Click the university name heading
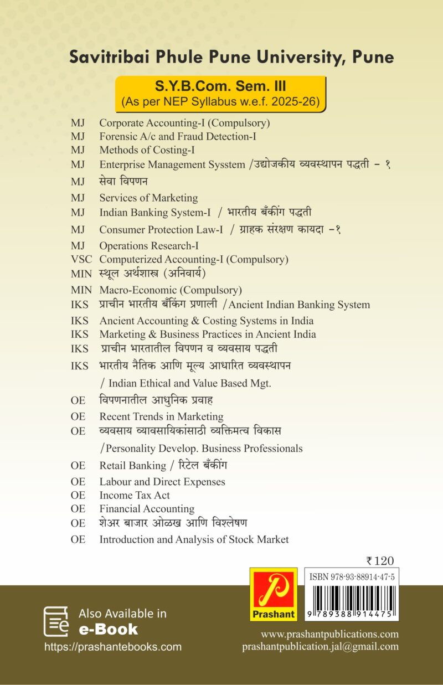(231, 58)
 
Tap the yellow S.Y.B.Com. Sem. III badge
(220, 94)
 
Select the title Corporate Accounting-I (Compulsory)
(184, 123)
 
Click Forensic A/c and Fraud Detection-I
(177, 136)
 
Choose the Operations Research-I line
(149, 245)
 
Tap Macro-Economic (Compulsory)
(171, 290)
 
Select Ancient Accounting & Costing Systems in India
(206, 321)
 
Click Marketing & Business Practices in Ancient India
(208, 334)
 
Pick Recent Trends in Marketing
(161, 416)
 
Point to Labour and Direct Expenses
(162, 482)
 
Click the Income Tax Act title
(135, 495)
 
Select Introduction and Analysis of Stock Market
(194, 539)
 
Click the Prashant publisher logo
(273, 594)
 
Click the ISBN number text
(352, 576)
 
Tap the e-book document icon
(56, 621)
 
